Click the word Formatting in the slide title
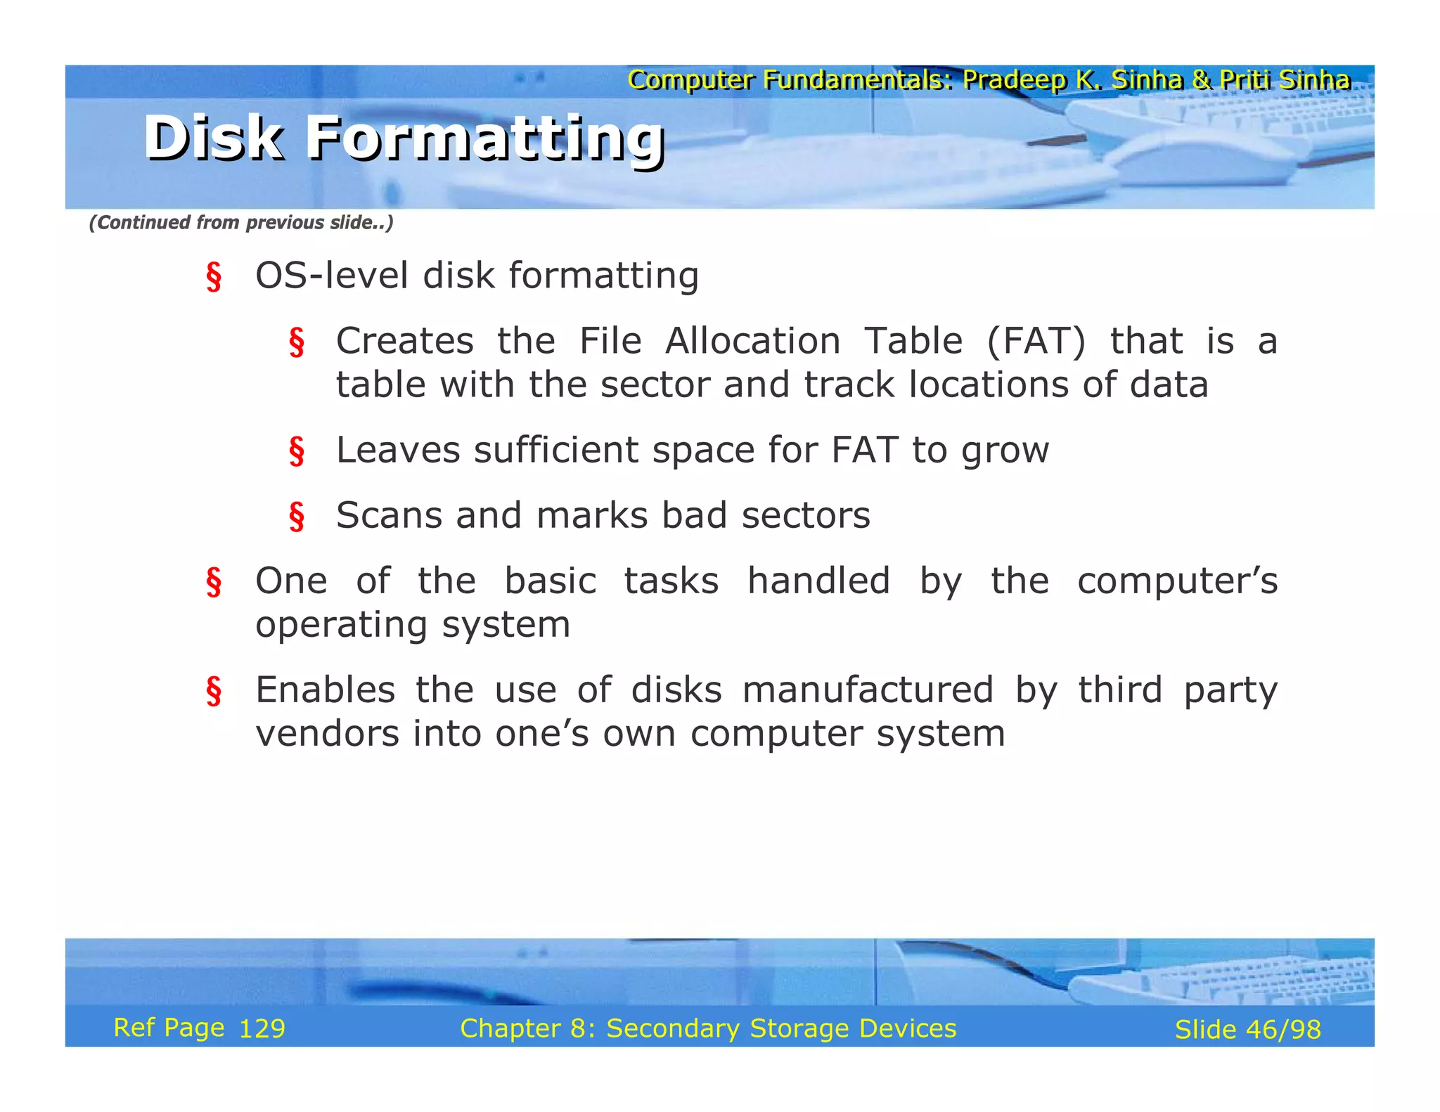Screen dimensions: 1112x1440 pos(485,138)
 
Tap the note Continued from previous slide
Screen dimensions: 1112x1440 pos(240,223)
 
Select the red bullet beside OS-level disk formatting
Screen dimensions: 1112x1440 pos(214,276)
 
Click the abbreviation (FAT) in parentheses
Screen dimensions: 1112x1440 pos(1036,342)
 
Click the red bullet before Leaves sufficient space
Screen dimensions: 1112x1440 pos(297,451)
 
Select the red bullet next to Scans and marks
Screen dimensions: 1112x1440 pos(297,517)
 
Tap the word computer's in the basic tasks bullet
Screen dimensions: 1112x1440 pos(1176,582)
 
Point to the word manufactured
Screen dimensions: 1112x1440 pos(868,690)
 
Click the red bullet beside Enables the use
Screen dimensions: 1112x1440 pos(214,691)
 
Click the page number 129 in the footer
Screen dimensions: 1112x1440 pos(262,1029)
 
